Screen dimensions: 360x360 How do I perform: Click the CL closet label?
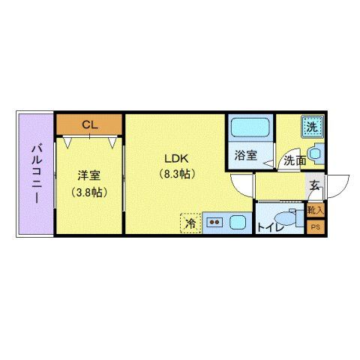[x=89, y=124]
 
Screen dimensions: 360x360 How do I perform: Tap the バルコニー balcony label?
[x=35, y=175]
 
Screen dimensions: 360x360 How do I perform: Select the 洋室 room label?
[x=89, y=176]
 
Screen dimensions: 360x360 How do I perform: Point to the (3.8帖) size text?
[x=89, y=192]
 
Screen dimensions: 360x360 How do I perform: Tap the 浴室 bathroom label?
[x=245, y=157]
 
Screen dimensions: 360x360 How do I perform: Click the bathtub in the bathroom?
[x=250, y=129]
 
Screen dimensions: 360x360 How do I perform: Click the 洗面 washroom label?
[x=294, y=160]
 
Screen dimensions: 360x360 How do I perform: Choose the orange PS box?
[x=316, y=226]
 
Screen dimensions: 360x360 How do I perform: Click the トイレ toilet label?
[x=270, y=226]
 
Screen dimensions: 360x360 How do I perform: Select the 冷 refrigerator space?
[x=190, y=223]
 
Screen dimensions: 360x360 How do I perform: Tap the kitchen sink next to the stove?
[x=238, y=223]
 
